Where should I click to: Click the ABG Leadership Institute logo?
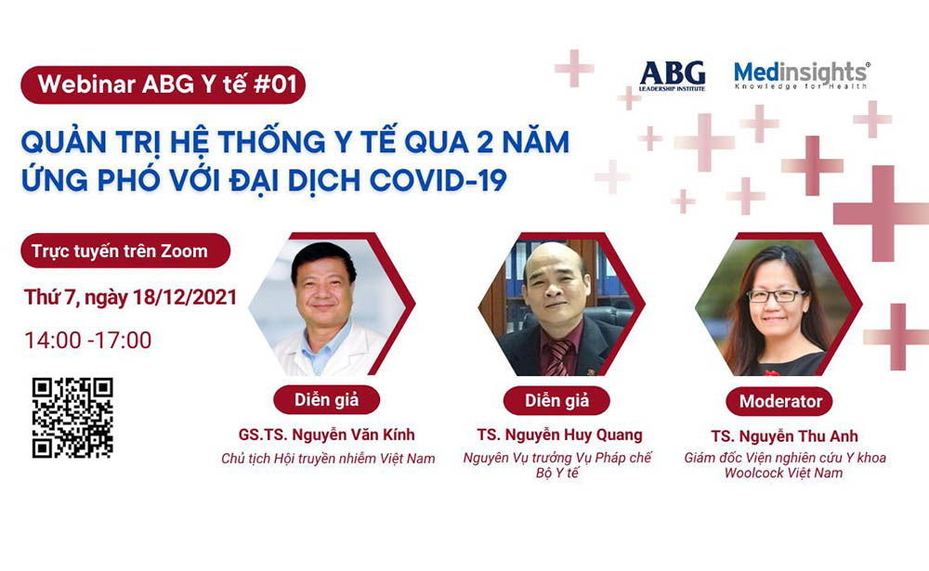point(672,75)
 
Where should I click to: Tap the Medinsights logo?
point(801,75)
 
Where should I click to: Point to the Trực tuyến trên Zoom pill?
point(119,251)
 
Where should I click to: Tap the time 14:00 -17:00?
point(88,340)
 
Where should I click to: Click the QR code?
point(72,417)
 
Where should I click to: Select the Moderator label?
point(780,402)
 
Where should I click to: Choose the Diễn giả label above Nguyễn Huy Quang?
point(557,401)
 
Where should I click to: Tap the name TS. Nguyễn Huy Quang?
point(557,435)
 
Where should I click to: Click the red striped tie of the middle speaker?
point(559,357)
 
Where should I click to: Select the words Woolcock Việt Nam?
point(784,474)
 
